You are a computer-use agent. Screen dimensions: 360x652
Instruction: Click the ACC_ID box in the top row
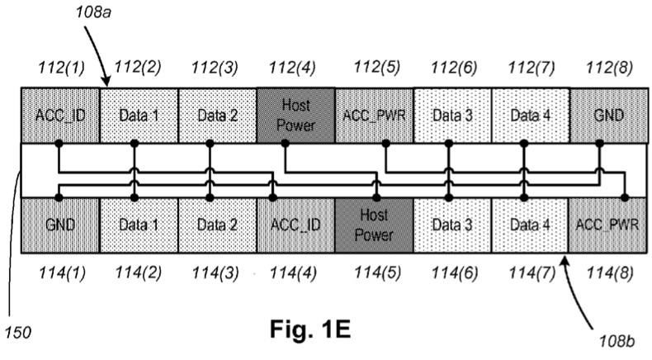[x=59, y=116]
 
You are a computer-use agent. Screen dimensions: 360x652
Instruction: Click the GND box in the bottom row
[x=59, y=225]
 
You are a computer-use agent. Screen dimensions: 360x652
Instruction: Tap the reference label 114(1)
[x=59, y=272]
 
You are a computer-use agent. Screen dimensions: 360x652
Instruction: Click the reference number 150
[x=16, y=334]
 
